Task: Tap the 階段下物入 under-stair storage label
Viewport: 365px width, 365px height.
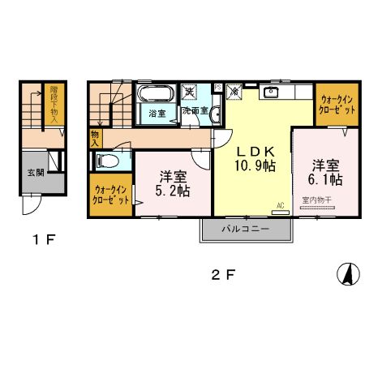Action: click(x=54, y=105)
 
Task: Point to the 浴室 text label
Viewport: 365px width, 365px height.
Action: click(x=157, y=113)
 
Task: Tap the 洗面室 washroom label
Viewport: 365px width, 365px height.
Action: click(x=195, y=110)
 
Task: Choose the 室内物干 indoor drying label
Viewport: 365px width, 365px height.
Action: click(x=318, y=200)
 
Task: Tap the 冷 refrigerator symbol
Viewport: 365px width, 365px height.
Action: click(x=233, y=92)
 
